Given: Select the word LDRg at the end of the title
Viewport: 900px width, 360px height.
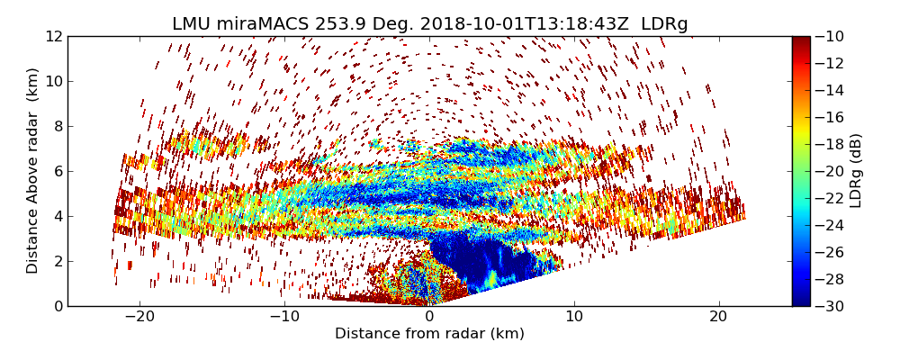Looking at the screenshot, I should tap(664, 24).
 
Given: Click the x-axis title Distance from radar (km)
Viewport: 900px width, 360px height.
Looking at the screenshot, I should tap(429, 334).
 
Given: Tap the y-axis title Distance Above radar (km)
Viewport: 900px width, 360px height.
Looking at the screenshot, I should tap(33, 171).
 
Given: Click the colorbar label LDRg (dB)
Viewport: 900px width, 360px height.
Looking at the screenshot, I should tap(856, 171).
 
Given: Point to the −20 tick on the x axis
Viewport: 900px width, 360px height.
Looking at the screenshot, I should tap(139, 317).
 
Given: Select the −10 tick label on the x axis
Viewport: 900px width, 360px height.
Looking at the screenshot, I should tap(284, 317).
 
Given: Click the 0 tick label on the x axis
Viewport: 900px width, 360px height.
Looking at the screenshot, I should tap(429, 317).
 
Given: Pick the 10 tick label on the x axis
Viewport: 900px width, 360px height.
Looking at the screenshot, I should tap(574, 317).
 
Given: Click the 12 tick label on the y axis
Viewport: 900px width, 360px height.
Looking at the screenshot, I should tap(53, 36).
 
